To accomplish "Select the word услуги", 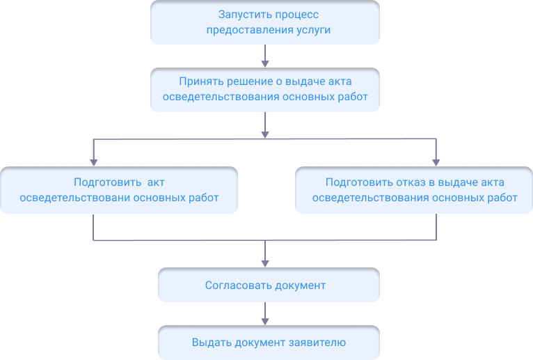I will click(312, 30).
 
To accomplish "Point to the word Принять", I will click(199, 81).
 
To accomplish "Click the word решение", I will click(247, 81).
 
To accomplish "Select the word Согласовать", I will click(236, 285).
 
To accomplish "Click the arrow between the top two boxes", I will click(265, 56).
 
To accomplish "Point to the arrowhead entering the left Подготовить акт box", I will click(94, 162).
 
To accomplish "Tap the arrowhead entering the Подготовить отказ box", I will click(436, 162).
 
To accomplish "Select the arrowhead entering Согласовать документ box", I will click(265, 263).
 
